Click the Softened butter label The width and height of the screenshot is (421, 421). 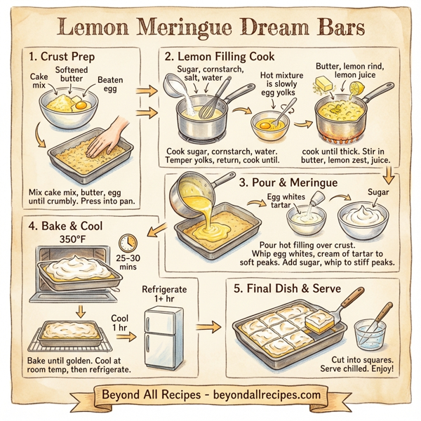tap(73, 75)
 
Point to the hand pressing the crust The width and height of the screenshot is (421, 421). tap(108, 138)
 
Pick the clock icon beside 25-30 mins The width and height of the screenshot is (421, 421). tap(128, 243)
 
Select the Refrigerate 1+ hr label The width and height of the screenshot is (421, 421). tap(166, 295)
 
